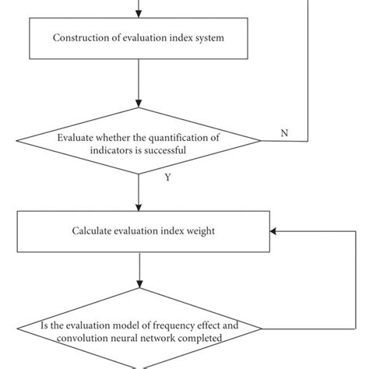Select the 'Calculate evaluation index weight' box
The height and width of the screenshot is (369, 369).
point(139,230)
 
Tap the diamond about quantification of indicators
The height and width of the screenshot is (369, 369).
point(139,140)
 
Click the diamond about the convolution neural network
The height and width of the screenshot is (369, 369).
point(139,333)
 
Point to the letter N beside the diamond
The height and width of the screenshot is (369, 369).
point(284,133)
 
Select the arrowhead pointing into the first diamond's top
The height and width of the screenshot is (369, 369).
point(139,103)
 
